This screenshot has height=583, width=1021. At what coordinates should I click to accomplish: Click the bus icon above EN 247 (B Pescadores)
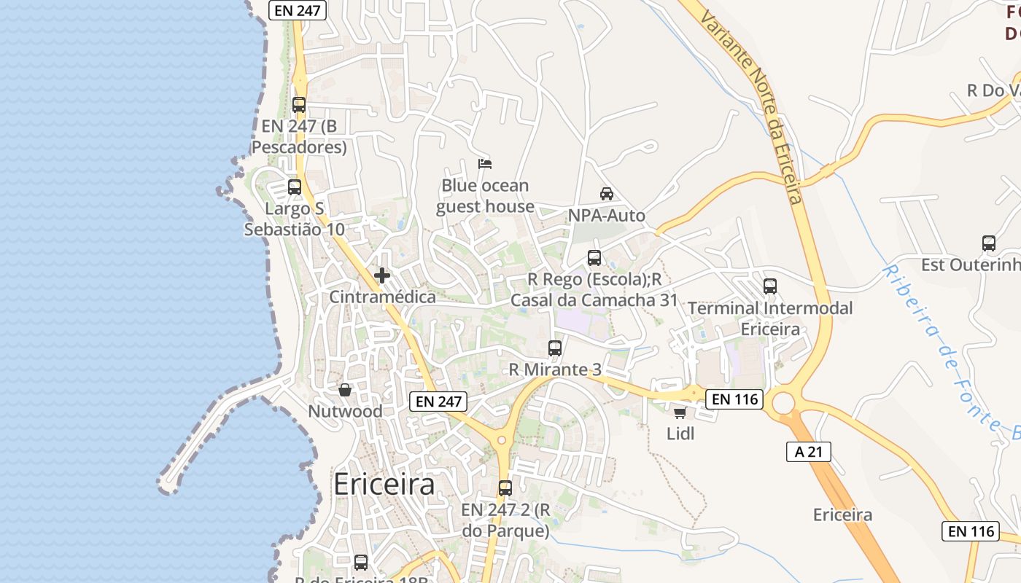299,104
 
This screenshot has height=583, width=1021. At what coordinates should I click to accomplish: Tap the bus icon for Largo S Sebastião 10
295,187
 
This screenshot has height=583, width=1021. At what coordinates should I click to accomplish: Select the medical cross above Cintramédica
381,275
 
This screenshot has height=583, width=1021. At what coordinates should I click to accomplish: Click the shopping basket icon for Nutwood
345,391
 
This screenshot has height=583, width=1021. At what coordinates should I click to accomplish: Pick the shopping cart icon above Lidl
680,413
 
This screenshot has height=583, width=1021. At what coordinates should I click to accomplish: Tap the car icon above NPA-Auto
606,194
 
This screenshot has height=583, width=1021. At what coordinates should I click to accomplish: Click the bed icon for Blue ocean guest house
485,163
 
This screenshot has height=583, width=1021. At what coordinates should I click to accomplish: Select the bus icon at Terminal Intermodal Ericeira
770,286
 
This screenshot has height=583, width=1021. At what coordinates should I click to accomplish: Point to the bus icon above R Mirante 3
555,348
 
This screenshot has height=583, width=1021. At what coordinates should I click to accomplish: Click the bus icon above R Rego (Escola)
594,257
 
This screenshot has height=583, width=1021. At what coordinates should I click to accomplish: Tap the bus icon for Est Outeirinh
989,243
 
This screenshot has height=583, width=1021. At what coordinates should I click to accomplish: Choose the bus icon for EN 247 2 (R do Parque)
505,488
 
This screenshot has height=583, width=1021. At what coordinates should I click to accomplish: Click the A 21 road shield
809,452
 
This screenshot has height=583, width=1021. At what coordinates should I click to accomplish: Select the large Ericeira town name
384,485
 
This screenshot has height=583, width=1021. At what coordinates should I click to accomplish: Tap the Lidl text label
680,434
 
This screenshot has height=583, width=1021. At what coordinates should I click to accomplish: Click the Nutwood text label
345,411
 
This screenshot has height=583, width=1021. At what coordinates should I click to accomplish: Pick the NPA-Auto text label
607,216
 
